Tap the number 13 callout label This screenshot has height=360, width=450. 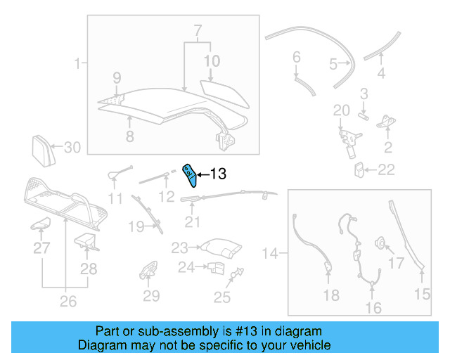pyautogui.click(x=218, y=174)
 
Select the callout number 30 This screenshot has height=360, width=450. pyautogui.click(x=73, y=148)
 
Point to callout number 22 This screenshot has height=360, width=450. pyautogui.click(x=386, y=169)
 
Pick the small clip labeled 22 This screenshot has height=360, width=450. pyautogui.click(x=359, y=169)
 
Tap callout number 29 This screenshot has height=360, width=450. pyautogui.click(x=151, y=296)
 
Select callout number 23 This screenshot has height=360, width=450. pyautogui.click(x=180, y=247)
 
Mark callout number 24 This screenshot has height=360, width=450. pyautogui.click(x=186, y=267)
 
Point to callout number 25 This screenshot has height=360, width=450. pyautogui.click(x=222, y=297)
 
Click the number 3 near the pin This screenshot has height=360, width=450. pyautogui.click(x=364, y=93)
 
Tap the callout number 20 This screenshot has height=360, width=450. pyautogui.click(x=341, y=110)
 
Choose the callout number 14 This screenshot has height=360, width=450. pyautogui.click(x=270, y=251)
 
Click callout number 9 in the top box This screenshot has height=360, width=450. pyautogui.click(x=117, y=77)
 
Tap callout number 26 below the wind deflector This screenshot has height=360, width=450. pyautogui.click(x=67, y=302)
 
